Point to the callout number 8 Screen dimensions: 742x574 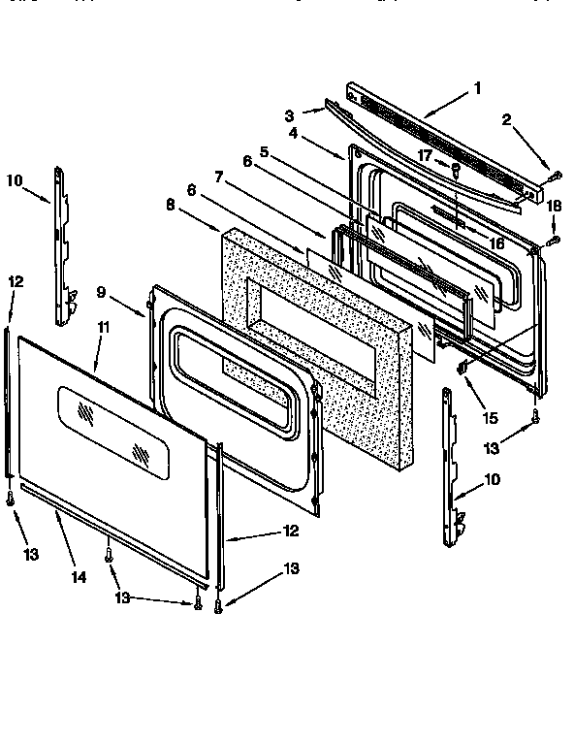172,205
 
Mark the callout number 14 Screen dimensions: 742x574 80,576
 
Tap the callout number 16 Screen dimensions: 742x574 495,243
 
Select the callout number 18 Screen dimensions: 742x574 553,207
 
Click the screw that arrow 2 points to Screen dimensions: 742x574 555,176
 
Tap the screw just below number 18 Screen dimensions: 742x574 554,239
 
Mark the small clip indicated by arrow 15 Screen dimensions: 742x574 462,366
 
